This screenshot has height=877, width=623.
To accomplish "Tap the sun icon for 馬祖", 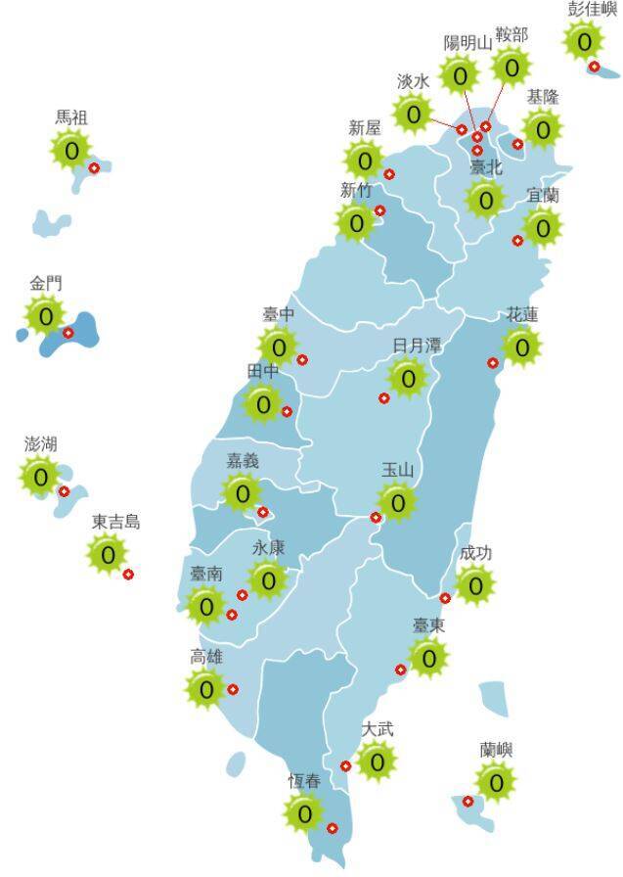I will coord(71,151).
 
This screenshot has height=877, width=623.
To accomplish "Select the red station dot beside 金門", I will coord(68,333).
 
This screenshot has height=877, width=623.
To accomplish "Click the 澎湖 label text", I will coord(40,444).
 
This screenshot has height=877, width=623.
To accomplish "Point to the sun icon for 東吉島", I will coord(108,555).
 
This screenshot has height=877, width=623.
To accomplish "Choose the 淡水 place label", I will coord(413,81).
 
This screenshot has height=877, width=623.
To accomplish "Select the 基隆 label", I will coord(542,97).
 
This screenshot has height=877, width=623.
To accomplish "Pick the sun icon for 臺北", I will coord(485,200).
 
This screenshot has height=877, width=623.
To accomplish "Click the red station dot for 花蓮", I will coord(493,363).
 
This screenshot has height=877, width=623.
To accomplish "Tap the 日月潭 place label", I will coord(417,346).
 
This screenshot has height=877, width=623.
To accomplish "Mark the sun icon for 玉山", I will coord(397,503).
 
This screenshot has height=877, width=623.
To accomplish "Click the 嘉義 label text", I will coord(244,460).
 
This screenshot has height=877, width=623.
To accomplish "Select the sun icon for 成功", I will coord(475,585).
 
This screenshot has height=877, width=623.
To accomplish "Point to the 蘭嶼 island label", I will coord(496,750).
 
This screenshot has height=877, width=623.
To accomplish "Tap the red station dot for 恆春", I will coord(332,828).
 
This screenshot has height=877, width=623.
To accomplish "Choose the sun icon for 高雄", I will coord(206,689).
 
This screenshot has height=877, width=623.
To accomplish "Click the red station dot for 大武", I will coord(345,765).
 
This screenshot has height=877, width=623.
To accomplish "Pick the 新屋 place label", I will coord(364,128).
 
